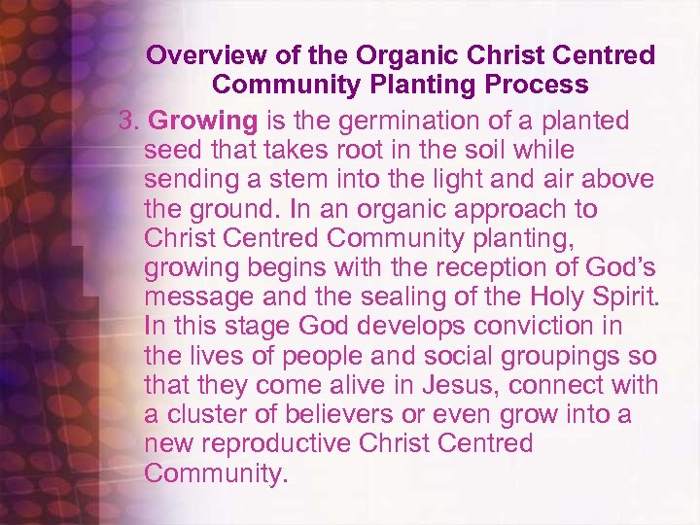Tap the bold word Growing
(204, 122)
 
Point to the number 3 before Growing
(125, 122)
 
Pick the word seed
(169, 151)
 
